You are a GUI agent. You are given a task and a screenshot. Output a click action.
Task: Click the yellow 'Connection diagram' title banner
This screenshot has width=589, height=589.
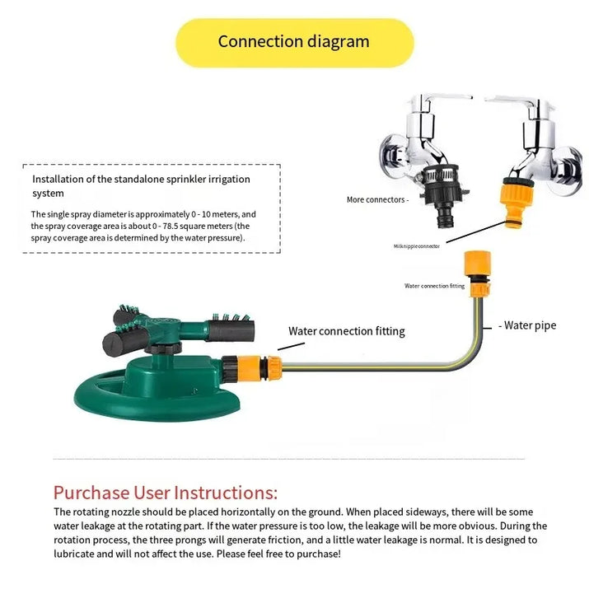(x=294, y=42)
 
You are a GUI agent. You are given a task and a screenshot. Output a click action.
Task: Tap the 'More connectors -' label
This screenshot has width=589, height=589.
(x=377, y=199)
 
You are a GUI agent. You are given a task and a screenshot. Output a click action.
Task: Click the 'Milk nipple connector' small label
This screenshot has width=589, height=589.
(x=416, y=245)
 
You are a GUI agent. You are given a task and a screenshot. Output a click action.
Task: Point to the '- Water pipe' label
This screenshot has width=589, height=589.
(x=528, y=325)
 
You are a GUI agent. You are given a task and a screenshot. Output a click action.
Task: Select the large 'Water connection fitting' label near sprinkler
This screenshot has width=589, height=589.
(x=346, y=331)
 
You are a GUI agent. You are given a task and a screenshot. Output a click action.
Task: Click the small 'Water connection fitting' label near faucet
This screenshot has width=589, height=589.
(x=434, y=286)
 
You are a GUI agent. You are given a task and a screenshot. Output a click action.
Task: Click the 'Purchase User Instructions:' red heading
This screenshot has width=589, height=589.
(x=166, y=493)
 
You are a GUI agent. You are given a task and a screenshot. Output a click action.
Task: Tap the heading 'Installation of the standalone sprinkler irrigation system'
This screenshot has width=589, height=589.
(x=141, y=185)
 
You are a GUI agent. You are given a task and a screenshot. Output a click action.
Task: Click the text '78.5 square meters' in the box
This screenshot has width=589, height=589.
(x=196, y=226)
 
